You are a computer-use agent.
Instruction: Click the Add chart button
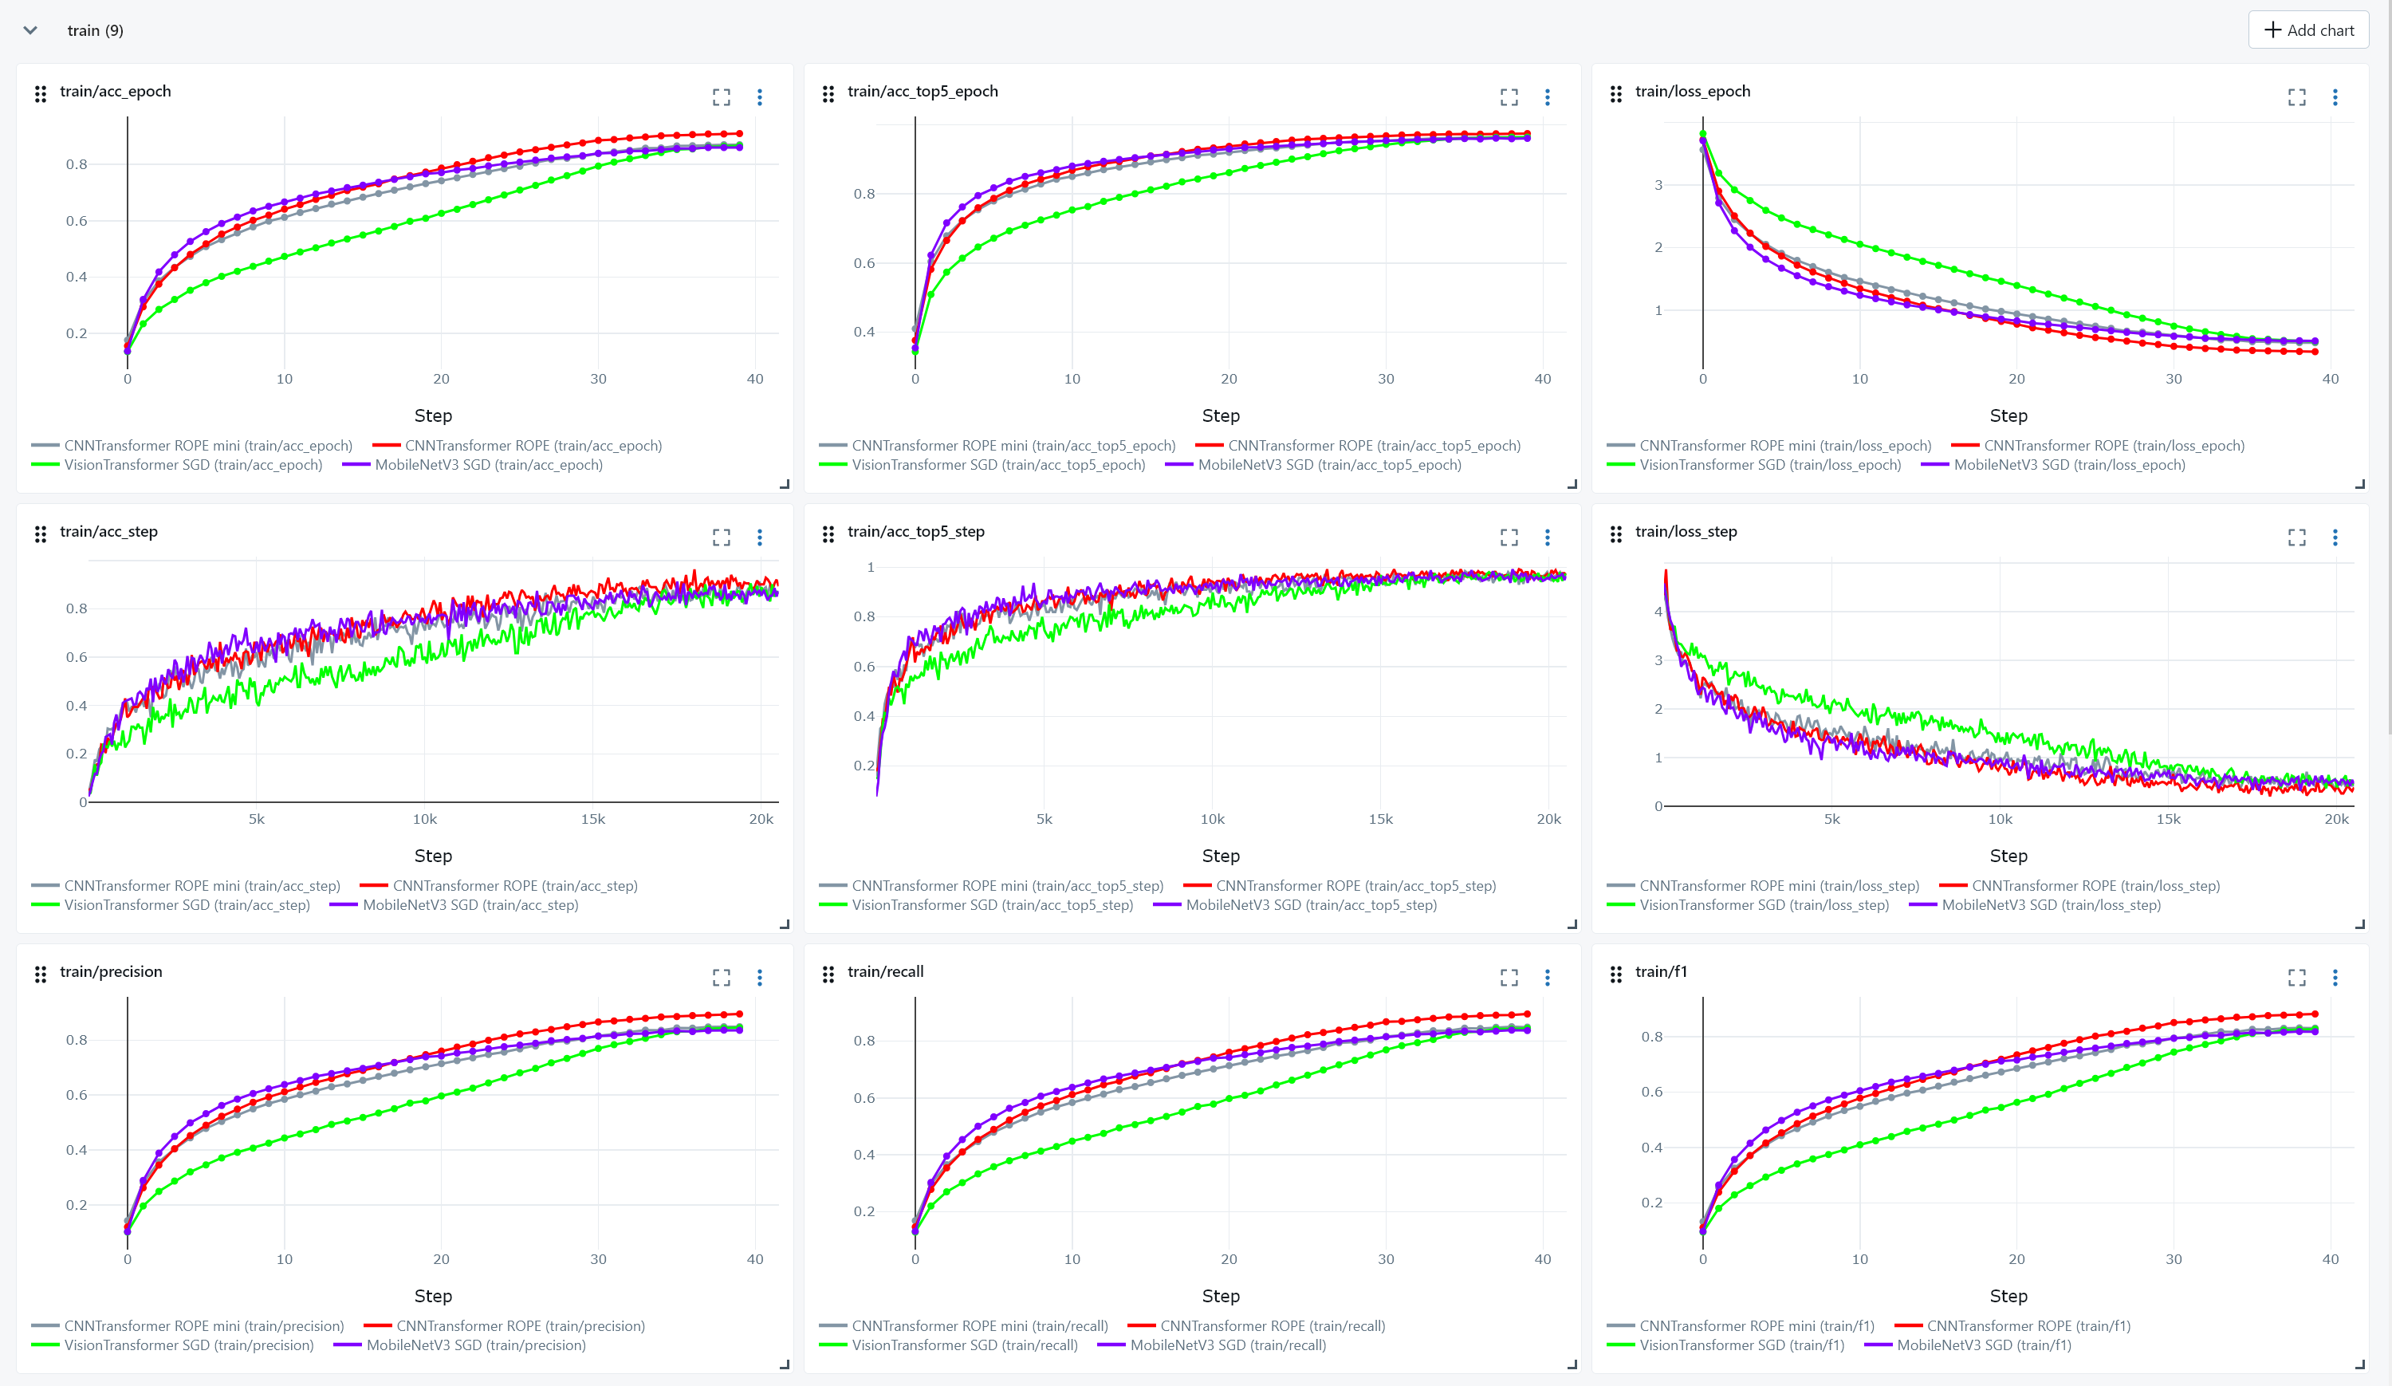click(2308, 30)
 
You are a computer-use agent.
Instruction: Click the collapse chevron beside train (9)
click(30, 30)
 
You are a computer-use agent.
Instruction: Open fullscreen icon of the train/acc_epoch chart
click(722, 96)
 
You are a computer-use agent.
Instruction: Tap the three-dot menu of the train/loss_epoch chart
click(2335, 96)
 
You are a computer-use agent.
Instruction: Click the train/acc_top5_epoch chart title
click(922, 91)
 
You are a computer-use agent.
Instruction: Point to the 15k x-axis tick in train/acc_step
click(592, 819)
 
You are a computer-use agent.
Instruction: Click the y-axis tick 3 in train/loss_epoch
click(1658, 185)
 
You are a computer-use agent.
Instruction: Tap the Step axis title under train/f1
click(2008, 1296)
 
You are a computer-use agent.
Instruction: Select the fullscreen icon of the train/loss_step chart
click(2297, 537)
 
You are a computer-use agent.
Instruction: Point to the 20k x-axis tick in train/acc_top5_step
click(1548, 819)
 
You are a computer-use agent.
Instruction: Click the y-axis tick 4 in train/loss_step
click(1658, 612)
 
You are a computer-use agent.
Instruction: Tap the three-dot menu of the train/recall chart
click(1547, 977)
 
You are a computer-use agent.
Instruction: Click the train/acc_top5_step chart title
click(915, 532)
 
